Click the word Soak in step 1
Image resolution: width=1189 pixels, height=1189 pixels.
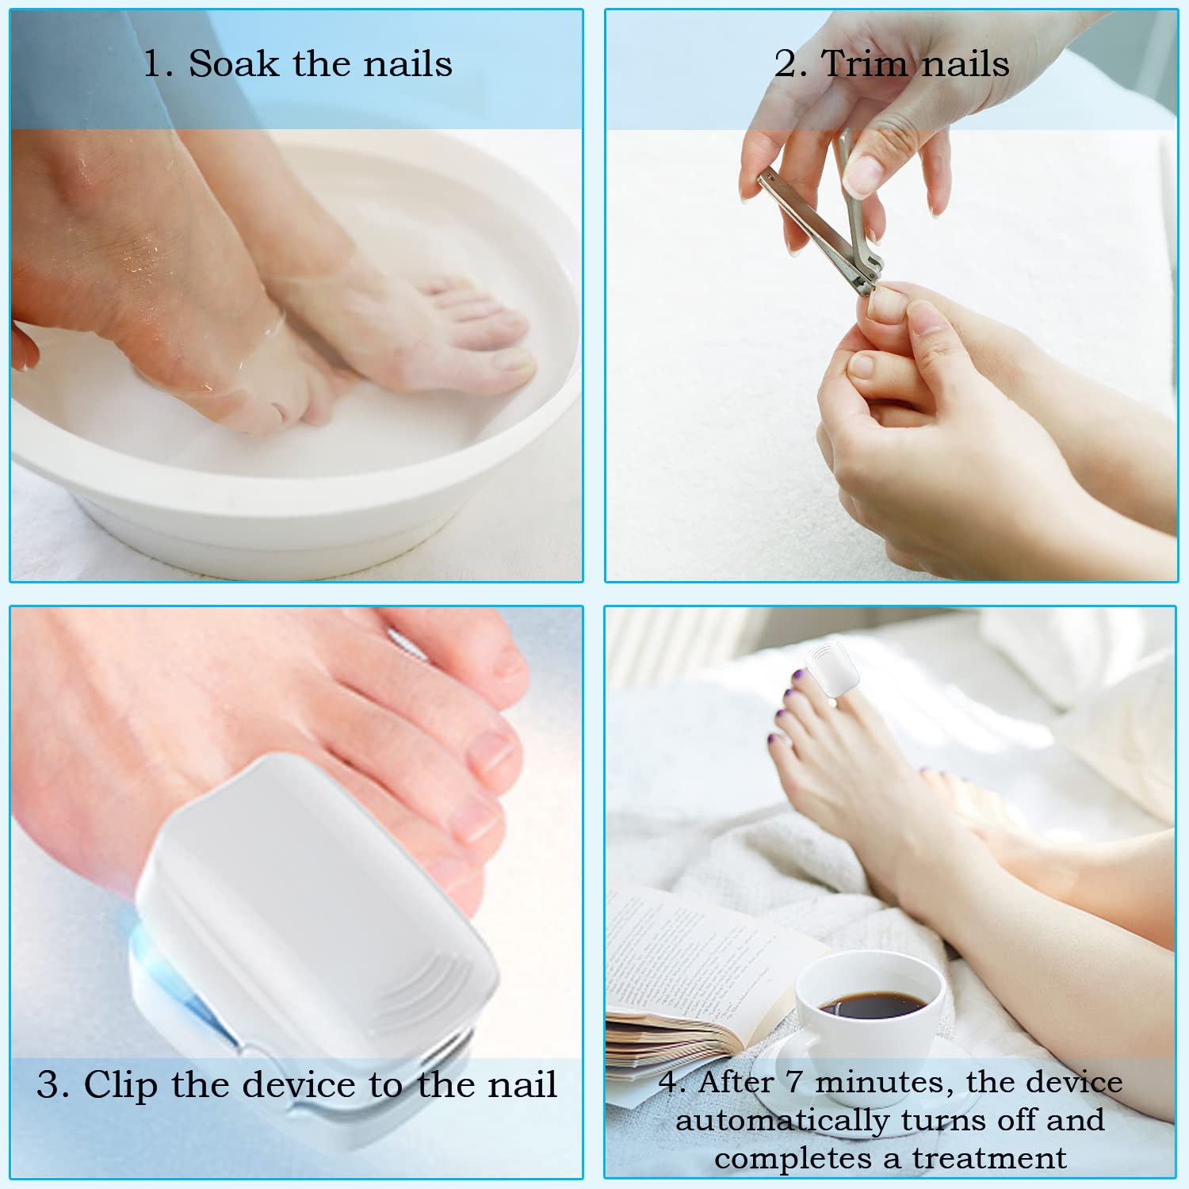point(235,63)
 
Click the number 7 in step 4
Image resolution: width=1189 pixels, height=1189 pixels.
point(793,1082)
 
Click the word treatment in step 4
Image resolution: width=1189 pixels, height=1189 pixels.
point(988,1158)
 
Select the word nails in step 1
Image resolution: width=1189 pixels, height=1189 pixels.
point(407,63)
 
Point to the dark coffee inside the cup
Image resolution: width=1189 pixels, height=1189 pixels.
point(872,1004)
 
